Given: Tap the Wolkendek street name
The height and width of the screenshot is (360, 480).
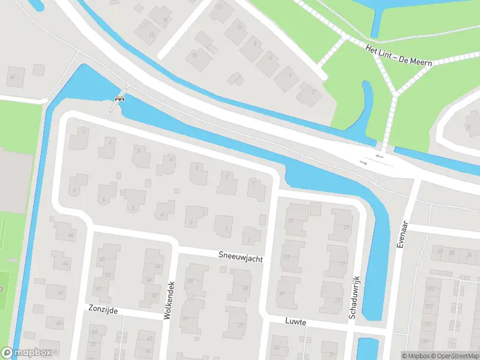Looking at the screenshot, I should point(170,300).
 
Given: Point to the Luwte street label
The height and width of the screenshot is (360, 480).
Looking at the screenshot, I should point(296,322).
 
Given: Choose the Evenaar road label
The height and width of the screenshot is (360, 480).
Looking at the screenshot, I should point(403,234).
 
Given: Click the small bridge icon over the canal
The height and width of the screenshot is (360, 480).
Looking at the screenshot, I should point(119,98).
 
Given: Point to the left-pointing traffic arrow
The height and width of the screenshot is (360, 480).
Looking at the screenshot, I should point(379,157).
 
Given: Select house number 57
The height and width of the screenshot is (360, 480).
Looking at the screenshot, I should point(291,221).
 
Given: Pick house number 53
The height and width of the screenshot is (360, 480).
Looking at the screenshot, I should point(286,257).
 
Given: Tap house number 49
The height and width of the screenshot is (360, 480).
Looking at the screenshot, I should point(283,293).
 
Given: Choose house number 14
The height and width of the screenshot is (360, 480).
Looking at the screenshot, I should point(194,55).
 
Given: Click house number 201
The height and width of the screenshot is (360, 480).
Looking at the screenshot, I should point(430,289).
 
